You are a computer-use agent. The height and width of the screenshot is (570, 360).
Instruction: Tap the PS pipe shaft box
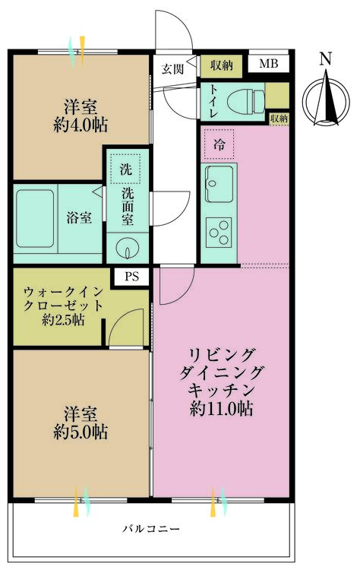(132, 277)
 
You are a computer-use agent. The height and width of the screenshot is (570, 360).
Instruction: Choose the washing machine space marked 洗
(124, 167)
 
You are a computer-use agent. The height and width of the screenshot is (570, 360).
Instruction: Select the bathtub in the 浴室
(39, 217)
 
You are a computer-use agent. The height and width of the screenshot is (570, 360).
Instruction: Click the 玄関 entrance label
(172, 68)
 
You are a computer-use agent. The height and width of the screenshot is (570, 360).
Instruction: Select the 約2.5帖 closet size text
(63, 320)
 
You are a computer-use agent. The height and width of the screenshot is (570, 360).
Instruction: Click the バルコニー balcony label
(149, 528)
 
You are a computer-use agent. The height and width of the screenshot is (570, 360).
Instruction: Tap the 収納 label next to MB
(222, 65)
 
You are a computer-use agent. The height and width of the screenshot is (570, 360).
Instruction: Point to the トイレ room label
(212, 101)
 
